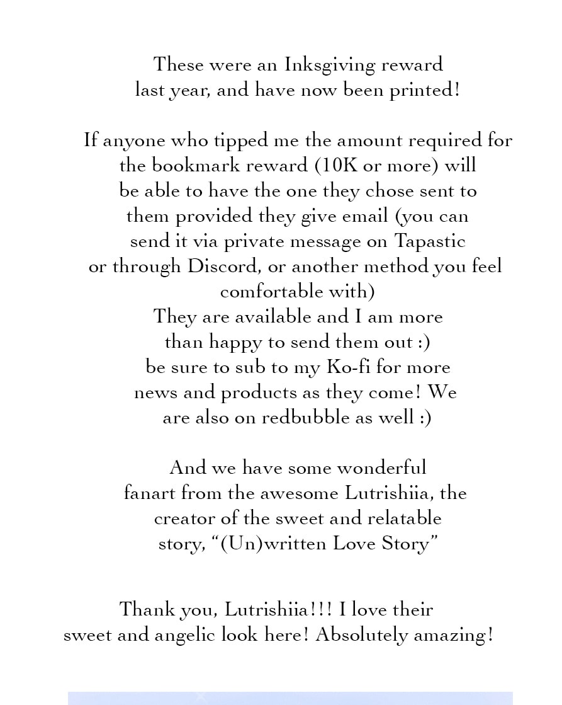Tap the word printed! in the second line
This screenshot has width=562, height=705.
pos(425,91)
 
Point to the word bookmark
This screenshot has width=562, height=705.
pos(190,166)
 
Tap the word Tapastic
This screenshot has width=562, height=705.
pos(430,242)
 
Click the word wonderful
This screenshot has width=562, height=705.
pos(381,468)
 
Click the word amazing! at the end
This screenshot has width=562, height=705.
pos(452,635)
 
